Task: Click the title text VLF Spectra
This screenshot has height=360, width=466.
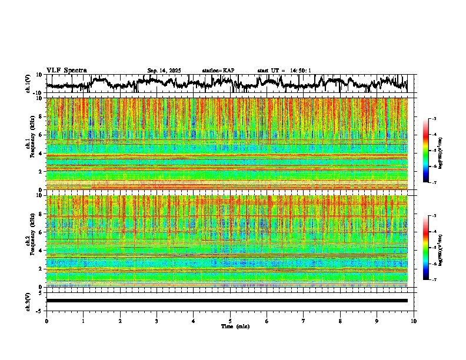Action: tap(66, 70)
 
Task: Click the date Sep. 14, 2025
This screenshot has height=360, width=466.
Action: tap(164, 71)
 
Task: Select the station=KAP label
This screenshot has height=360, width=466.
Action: tap(218, 71)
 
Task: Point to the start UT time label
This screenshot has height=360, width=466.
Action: tap(284, 71)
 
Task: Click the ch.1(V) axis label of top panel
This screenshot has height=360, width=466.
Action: tap(28, 84)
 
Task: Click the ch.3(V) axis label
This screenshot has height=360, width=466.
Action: tap(28, 300)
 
